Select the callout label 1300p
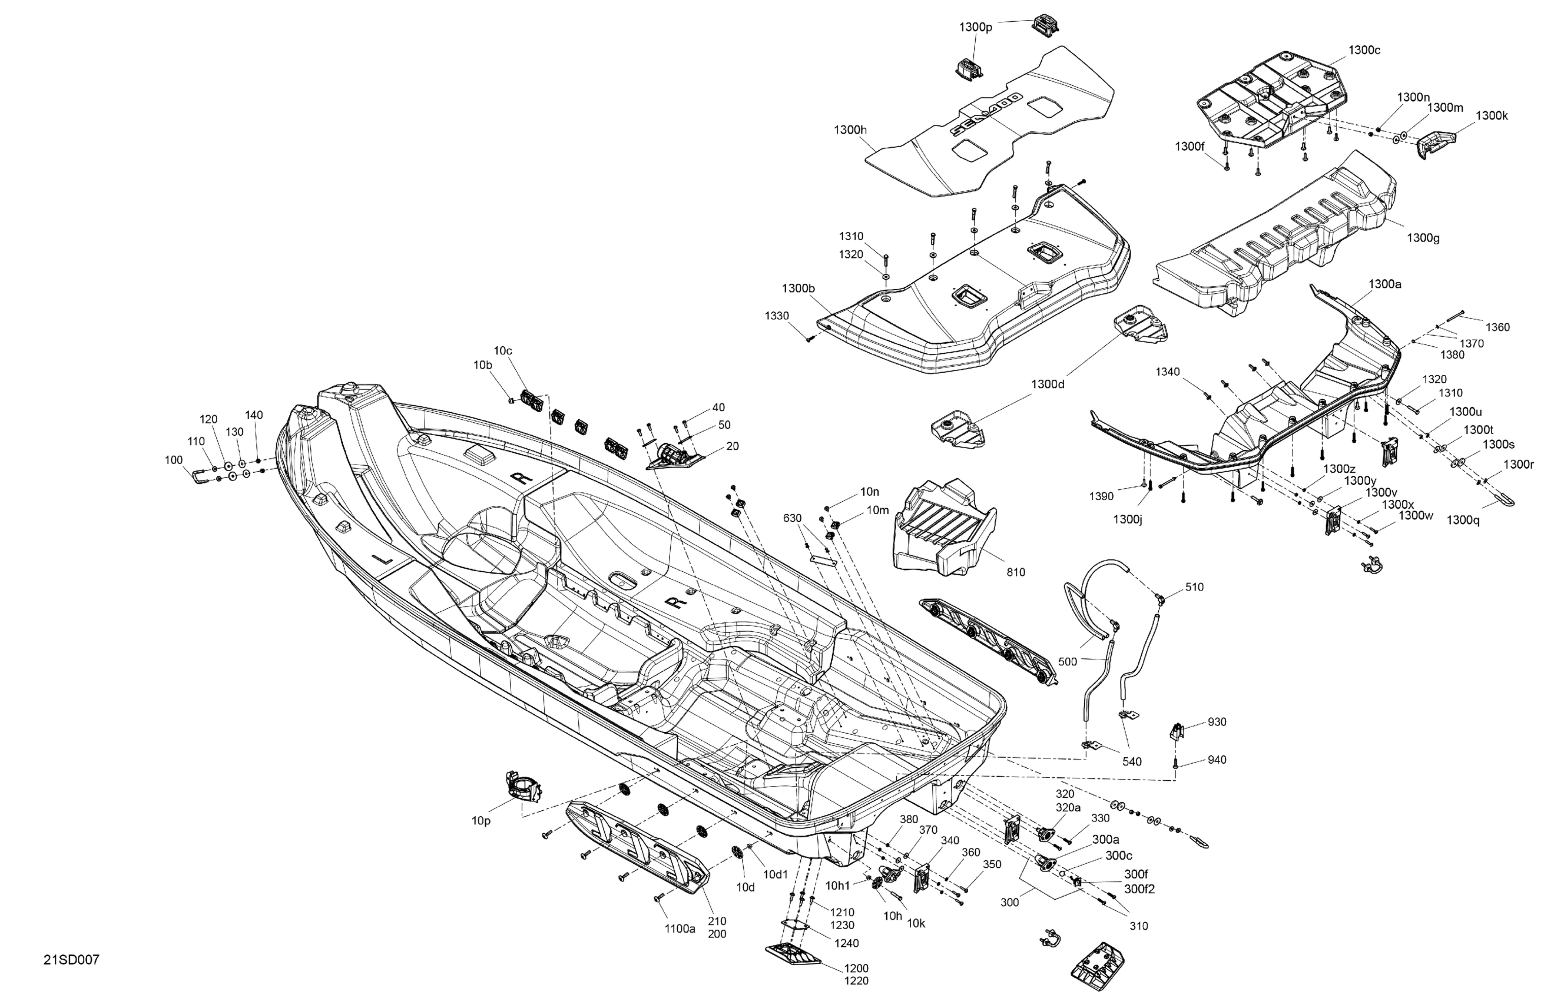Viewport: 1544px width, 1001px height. [976, 27]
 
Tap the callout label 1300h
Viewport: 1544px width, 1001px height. [850, 130]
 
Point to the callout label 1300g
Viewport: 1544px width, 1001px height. [1423, 238]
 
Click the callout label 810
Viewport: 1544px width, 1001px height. [1016, 572]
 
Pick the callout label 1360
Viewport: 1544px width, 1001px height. [1497, 327]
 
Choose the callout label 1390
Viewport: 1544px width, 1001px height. [1101, 496]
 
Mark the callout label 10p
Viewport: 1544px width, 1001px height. [481, 821]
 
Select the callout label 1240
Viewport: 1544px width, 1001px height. [847, 943]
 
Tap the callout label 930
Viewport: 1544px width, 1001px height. [1217, 722]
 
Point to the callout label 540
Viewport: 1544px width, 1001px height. [1131, 761]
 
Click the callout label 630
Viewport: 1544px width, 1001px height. [792, 518]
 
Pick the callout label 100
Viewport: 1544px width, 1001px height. [174, 460]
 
